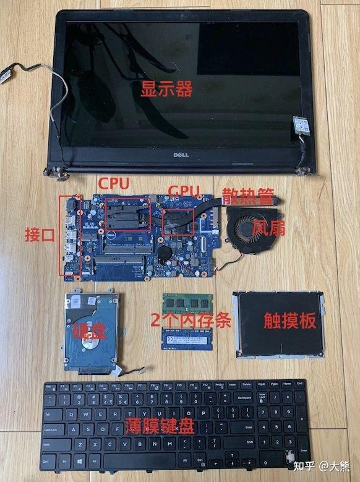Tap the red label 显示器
[x=165, y=88]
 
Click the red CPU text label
[x=114, y=184]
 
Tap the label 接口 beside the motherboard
[x=40, y=236]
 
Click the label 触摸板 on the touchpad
[x=289, y=321]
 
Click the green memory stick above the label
[x=187, y=303]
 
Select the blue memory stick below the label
[x=187, y=339]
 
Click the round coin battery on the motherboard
[x=164, y=252]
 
